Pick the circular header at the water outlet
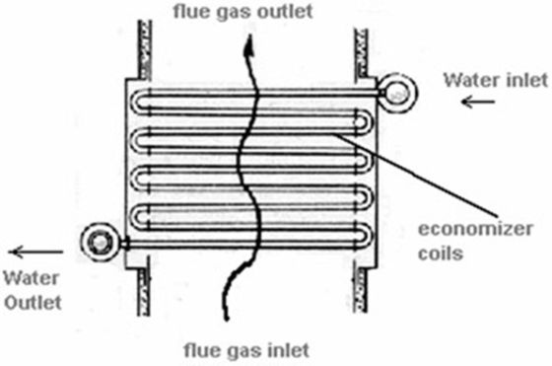(100, 241)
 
